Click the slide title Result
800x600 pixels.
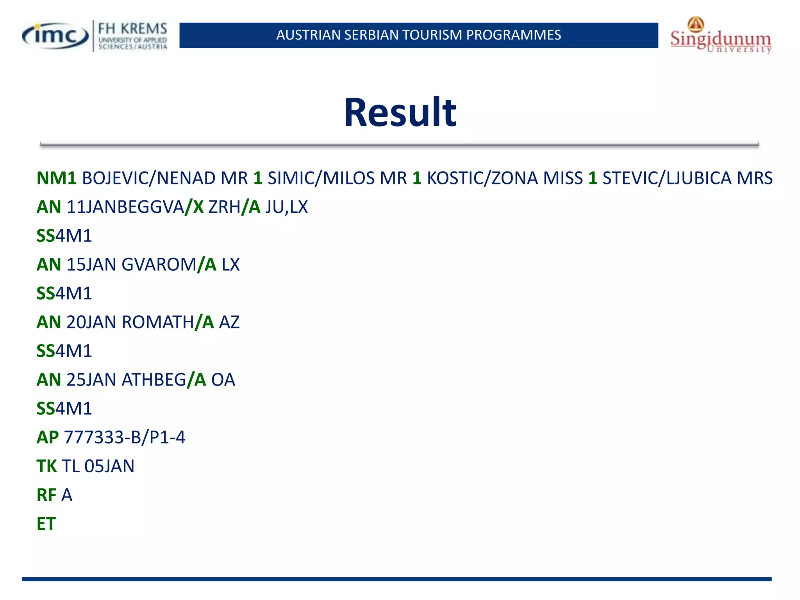[400, 113]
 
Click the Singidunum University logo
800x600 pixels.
[721, 36]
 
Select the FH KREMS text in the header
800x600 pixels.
[132, 29]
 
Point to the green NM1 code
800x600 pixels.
[56, 178]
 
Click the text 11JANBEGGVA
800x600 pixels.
[125, 207]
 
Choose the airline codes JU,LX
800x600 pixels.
[286, 207]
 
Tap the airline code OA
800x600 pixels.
[223, 380]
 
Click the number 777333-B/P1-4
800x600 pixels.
[124, 437]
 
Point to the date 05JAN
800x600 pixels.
[109, 466]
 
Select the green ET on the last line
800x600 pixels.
[46, 524]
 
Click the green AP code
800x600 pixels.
[48, 437]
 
